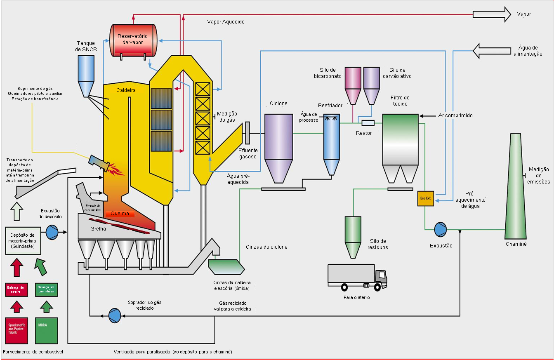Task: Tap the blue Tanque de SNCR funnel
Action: pos(86,74)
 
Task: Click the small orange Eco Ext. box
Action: pos(425,198)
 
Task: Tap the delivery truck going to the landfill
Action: pos(357,277)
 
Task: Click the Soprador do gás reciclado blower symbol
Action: pos(114,315)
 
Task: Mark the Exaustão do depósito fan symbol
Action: pos(52,232)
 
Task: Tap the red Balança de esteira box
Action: pos(16,289)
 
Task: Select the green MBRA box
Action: pos(47,330)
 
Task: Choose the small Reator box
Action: pos(368,122)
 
